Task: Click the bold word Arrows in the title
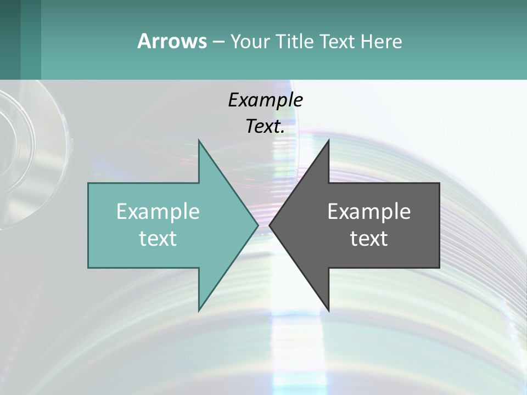[172, 41]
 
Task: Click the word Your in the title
[248, 41]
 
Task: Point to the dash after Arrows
[218, 42]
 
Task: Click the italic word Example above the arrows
[265, 100]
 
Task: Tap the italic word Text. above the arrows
[265, 126]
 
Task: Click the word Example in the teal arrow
[158, 211]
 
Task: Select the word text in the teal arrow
[158, 238]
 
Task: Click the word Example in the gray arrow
[369, 211]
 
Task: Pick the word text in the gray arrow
[369, 238]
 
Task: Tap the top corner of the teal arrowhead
[199, 140]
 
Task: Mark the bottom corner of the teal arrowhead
[199, 310]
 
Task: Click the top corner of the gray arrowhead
[328, 140]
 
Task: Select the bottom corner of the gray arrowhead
[328, 310]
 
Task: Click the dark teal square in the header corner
[11, 39]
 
